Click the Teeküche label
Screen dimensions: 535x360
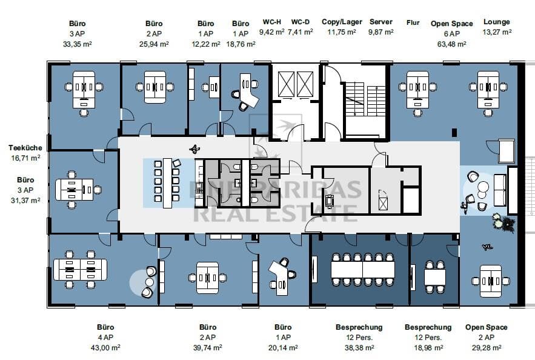tap(25, 148)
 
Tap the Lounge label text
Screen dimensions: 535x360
tap(496, 22)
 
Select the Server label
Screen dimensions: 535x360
tap(380, 22)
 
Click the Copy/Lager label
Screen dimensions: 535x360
tap(342, 22)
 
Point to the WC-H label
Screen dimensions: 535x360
tap(272, 22)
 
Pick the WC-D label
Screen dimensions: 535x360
tap(301, 22)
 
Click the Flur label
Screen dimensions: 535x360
tap(413, 23)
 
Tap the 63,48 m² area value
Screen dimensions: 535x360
tap(452, 44)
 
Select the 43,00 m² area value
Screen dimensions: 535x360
tap(105, 348)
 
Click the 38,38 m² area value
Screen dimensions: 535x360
tap(359, 348)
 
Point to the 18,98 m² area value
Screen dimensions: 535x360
tap(428, 348)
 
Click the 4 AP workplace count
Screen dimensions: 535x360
tap(105, 338)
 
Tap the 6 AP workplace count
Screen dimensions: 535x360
tap(452, 34)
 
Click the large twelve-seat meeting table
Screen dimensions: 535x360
tap(363, 270)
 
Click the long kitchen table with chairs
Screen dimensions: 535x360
tap(167, 183)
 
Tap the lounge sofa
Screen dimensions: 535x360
tap(500, 190)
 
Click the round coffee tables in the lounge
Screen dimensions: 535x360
tap(482, 190)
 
